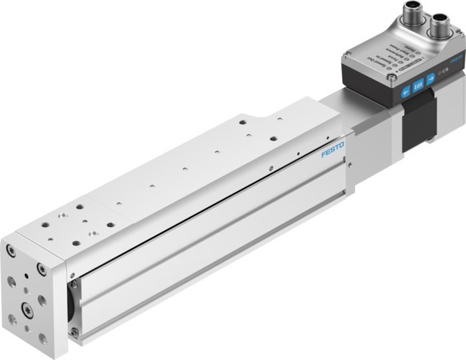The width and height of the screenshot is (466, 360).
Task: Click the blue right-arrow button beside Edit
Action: click(x=431, y=79)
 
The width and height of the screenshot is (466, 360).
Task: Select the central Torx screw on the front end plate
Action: click(x=27, y=307)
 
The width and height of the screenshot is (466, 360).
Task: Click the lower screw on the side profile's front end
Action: click(x=75, y=331)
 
